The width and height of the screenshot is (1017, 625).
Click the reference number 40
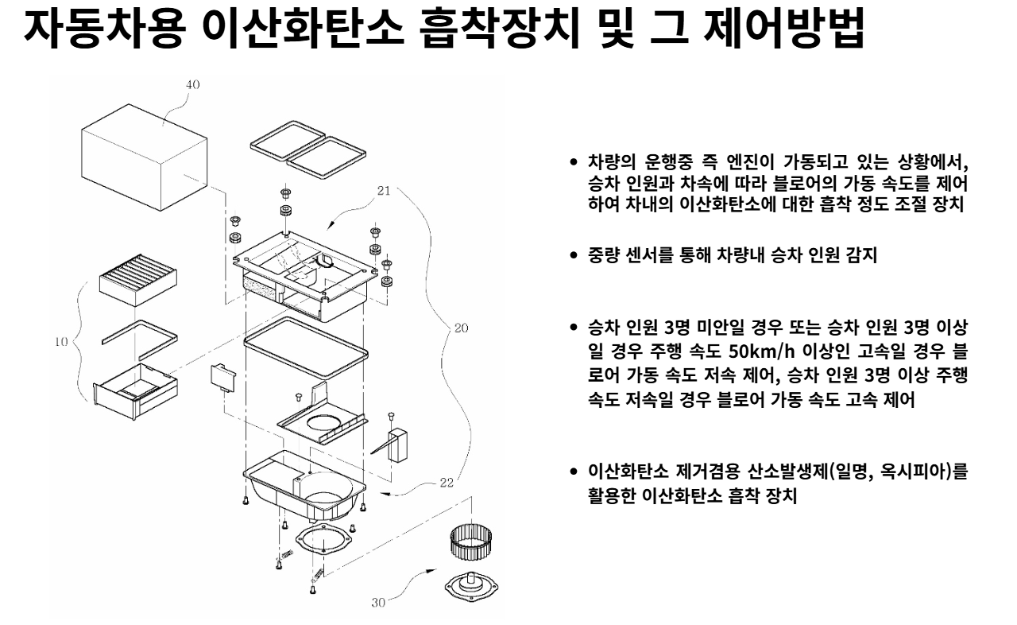pos(192,83)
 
